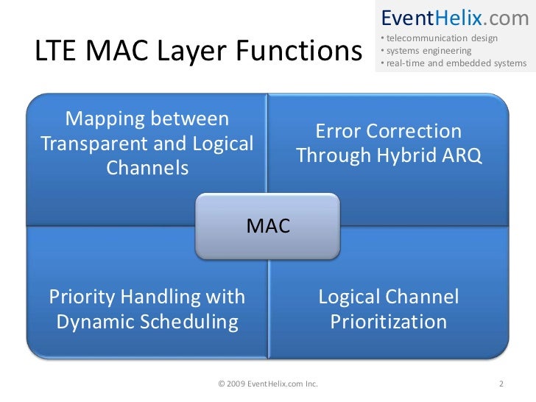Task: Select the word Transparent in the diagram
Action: point(91,144)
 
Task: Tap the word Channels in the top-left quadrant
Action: point(147,169)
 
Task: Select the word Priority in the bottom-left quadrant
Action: point(81,297)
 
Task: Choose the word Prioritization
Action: point(388,322)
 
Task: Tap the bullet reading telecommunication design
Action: point(440,38)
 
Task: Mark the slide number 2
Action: point(501,384)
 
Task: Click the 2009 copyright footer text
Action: point(268,384)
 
